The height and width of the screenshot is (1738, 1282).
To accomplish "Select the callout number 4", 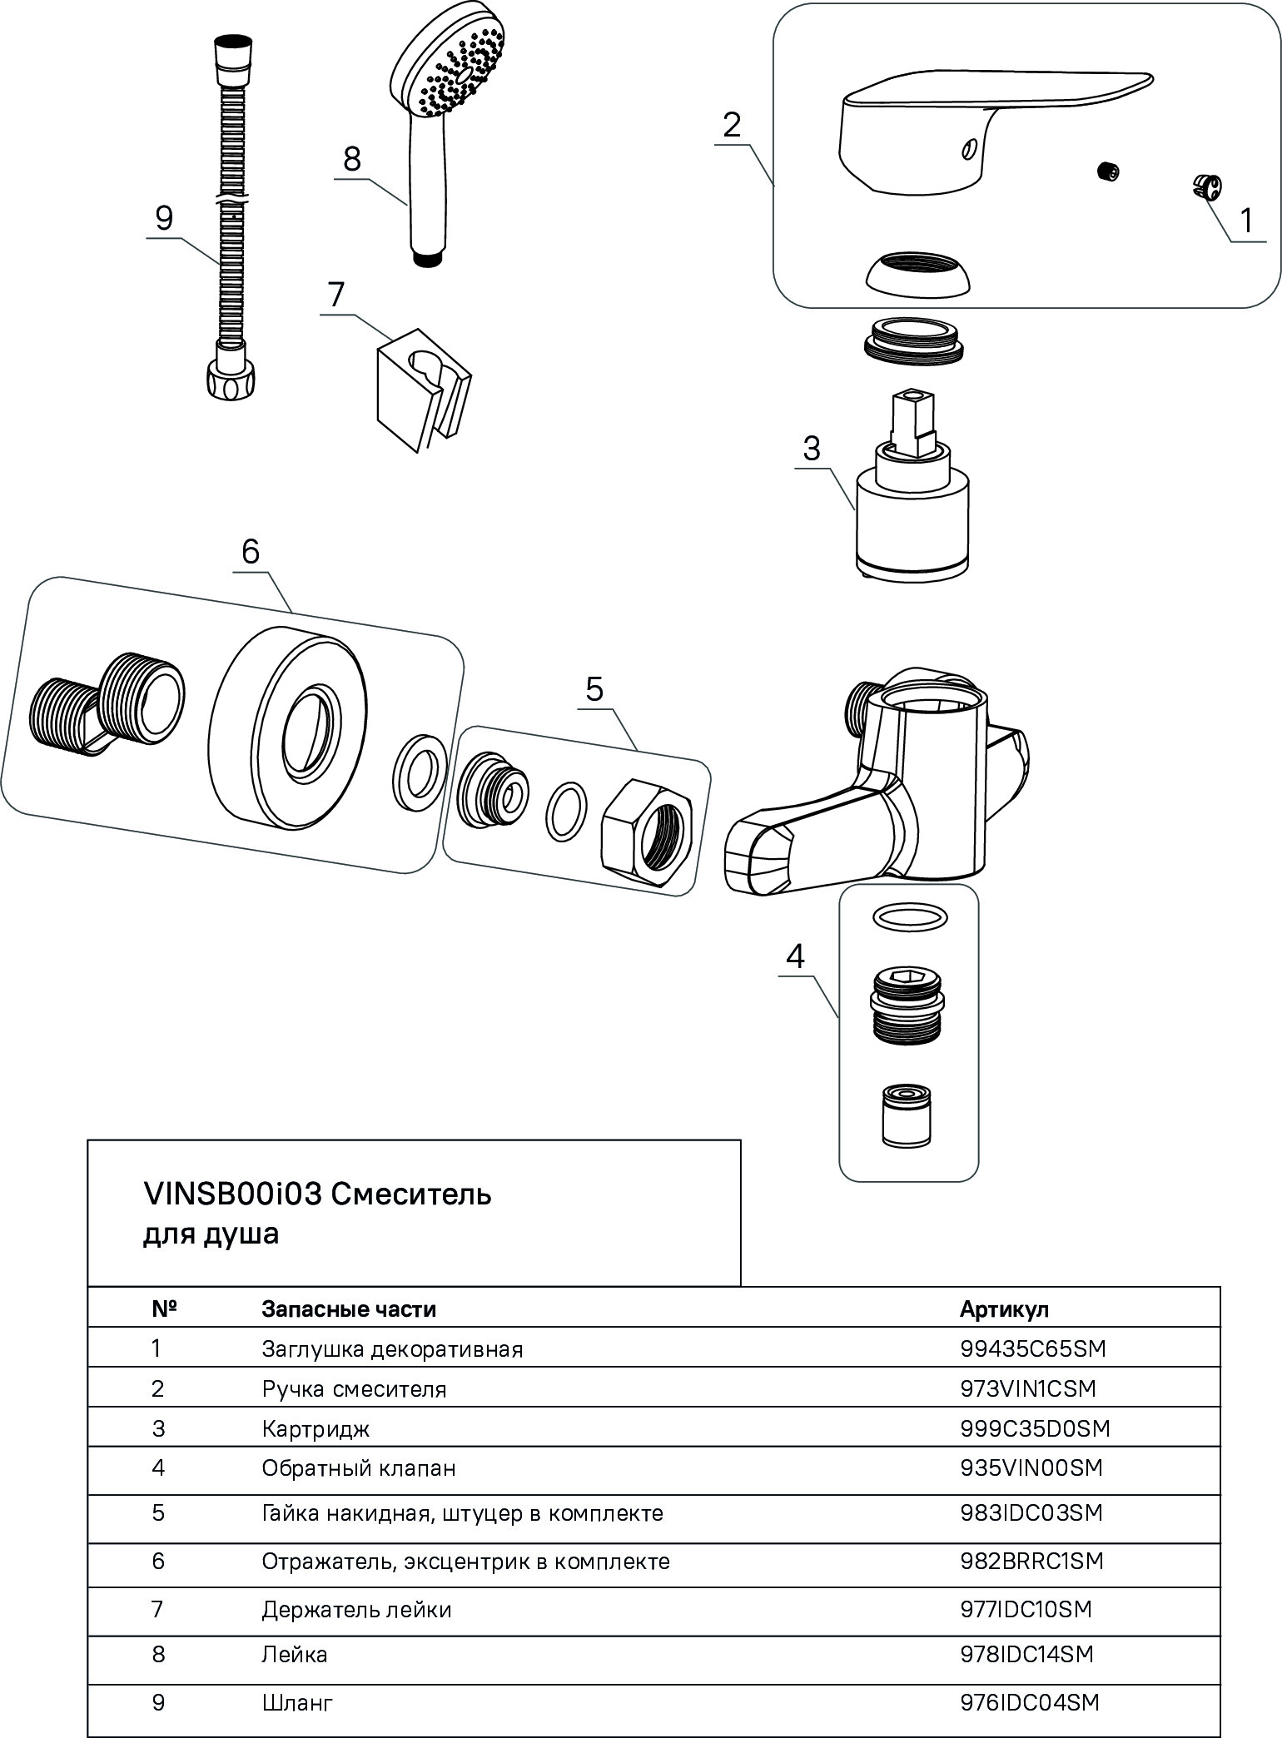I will pos(795,957).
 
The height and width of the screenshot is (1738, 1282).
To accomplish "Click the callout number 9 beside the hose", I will pos(164,218).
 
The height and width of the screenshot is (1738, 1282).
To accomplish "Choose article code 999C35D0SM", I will pos(1035,1428).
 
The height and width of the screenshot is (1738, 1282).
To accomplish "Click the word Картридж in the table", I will pos(316,1429).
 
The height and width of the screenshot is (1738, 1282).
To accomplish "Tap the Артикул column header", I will pos(1004,1309).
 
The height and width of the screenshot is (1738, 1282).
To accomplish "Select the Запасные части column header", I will pos(349,1309).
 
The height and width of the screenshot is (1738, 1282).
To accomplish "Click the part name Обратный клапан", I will pos(359,1468).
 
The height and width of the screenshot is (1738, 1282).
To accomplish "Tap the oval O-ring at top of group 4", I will pos(910,917).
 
